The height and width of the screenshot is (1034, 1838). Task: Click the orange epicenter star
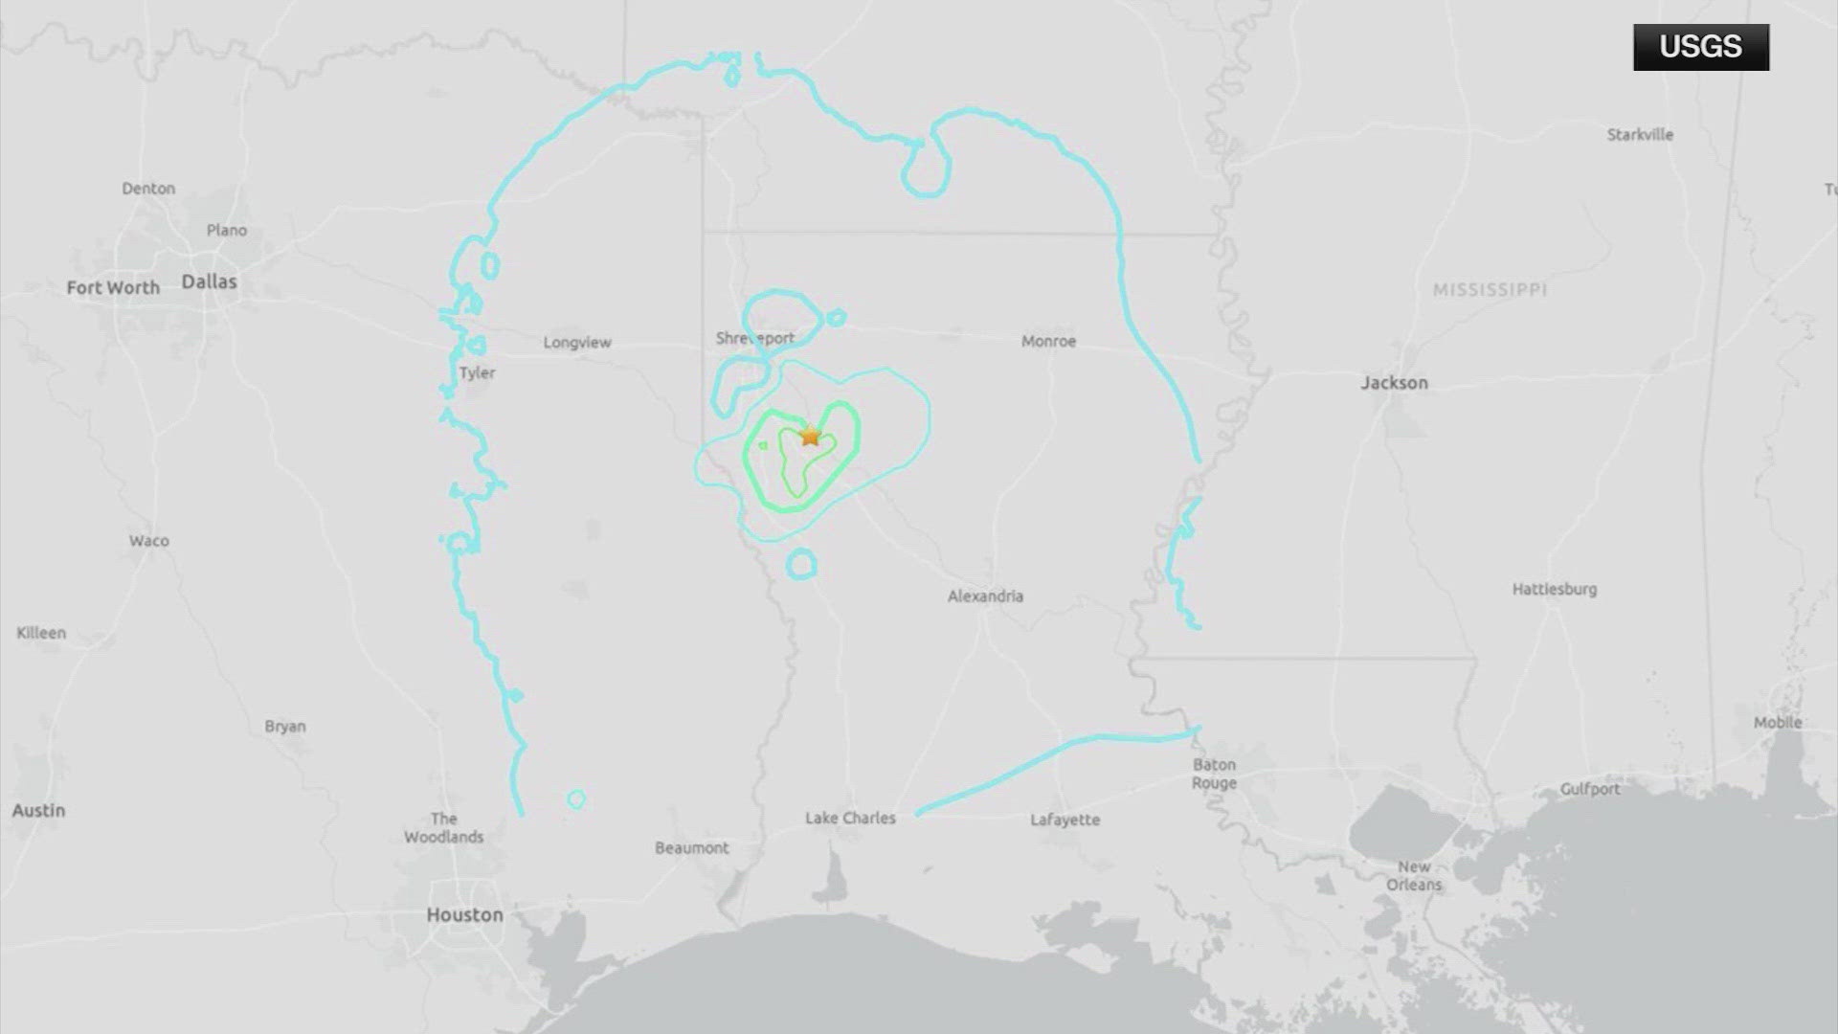(x=811, y=437)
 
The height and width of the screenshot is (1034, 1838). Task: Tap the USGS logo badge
(x=1700, y=47)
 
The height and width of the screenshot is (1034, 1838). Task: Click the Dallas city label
(x=209, y=281)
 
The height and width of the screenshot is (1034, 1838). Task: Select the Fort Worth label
(x=113, y=287)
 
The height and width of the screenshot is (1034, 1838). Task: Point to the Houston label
(x=464, y=914)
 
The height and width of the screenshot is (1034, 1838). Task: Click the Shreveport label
(x=755, y=338)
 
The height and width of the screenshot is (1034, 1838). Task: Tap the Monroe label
(x=1048, y=341)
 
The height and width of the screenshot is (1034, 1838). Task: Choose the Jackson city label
(x=1394, y=383)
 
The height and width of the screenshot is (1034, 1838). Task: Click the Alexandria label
(x=985, y=596)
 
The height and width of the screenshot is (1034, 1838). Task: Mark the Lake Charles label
(x=850, y=818)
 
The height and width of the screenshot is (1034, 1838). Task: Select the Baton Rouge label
(x=1214, y=774)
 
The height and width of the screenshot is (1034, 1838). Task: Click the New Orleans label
(x=1414, y=875)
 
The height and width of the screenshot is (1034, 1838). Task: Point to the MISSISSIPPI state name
(x=1490, y=289)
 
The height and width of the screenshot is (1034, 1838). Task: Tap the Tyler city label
(x=477, y=372)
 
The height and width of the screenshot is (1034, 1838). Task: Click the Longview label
(x=576, y=342)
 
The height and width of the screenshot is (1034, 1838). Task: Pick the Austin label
(x=38, y=810)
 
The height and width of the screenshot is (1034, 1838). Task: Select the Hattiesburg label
(x=1554, y=589)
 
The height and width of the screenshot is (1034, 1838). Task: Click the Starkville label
(x=1640, y=135)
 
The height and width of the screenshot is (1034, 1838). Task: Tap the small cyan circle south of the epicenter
(x=801, y=565)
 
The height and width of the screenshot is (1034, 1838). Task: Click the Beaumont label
(x=691, y=847)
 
